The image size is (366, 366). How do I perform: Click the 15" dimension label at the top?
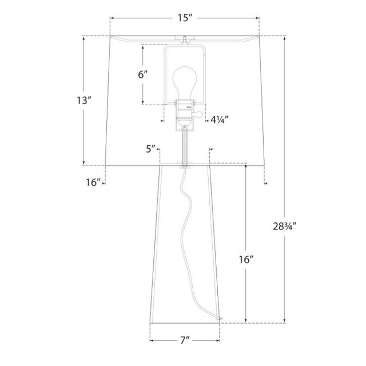[185, 18]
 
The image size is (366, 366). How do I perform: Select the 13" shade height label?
[84, 101]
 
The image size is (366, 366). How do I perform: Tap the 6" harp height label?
[143, 75]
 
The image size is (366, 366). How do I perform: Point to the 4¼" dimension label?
[220, 120]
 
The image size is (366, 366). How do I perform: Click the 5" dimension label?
[150, 149]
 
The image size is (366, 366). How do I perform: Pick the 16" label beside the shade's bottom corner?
[94, 182]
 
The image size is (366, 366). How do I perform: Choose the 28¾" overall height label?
[285, 226]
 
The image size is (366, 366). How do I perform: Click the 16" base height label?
[246, 259]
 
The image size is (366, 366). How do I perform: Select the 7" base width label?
[185, 340]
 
